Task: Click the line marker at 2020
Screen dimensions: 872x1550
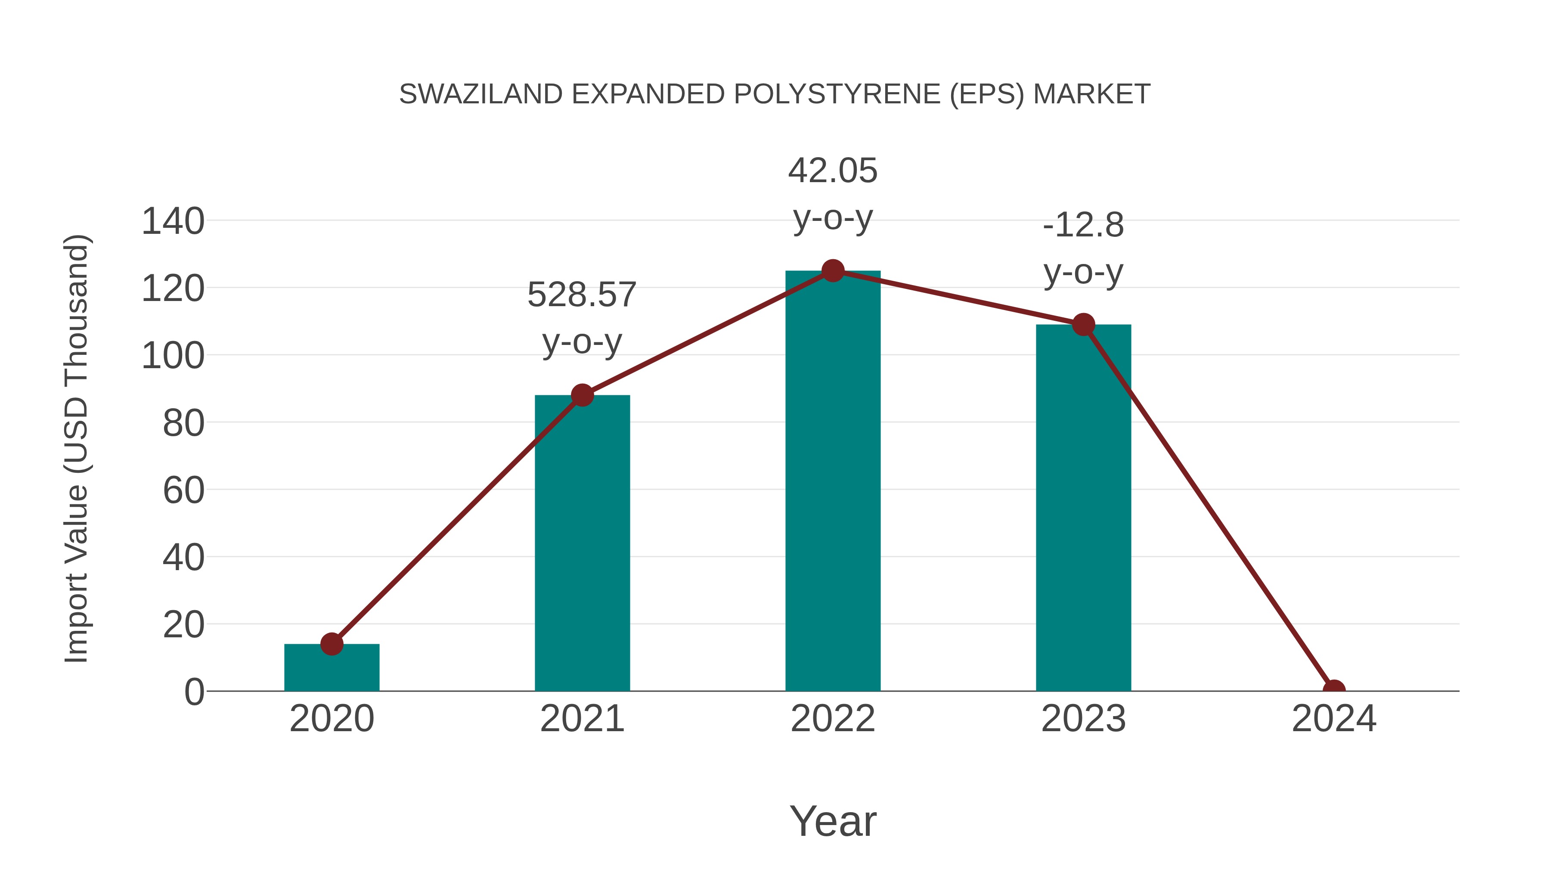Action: click(x=332, y=644)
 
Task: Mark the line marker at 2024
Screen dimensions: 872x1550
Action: click(x=1334, y=690)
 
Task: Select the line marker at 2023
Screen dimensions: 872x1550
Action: click(x=1083, y=325)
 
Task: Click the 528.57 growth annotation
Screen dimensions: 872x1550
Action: click(x=582, y=318)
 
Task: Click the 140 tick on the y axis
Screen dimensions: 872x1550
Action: click(x=173, y=221)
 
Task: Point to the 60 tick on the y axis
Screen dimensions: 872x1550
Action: click(x=183, y=490)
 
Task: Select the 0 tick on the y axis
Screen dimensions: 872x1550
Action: click(x=194, y=692)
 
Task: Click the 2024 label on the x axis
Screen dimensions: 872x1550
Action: click(x=1334, y=719)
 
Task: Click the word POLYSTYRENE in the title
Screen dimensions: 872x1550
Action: click(x=837, y=94)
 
